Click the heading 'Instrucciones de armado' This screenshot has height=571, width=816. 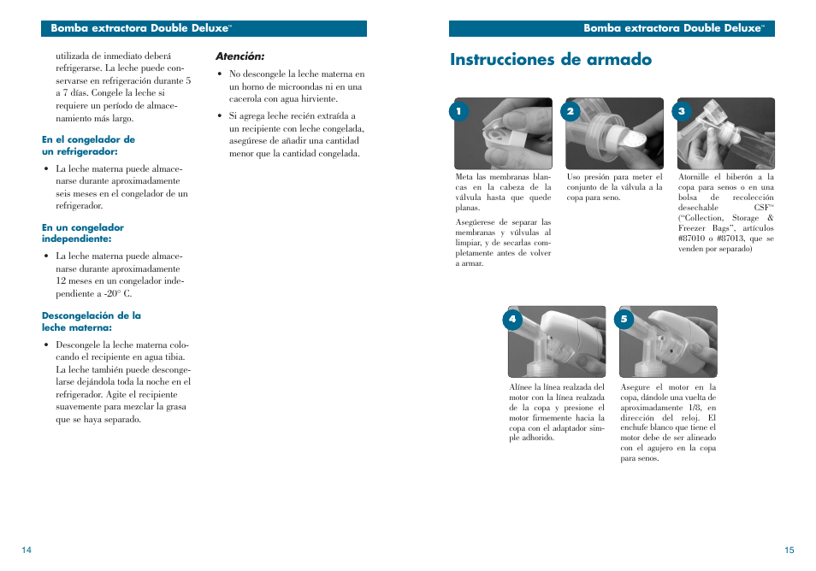coord(551,60)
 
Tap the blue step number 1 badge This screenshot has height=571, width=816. coord(458,111)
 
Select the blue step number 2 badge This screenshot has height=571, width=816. coord(571,111)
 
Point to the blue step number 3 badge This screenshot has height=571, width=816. coord(682,111)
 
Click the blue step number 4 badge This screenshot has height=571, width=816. coord(512,319)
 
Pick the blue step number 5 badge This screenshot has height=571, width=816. coord(624,319)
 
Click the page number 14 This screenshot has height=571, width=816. coord(27,550)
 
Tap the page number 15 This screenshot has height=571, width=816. coord(789,550)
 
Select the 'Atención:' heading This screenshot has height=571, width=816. coord(239,56)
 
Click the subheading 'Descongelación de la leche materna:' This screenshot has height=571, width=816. coord(92,321)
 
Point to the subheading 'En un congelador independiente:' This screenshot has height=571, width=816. coord(83,233)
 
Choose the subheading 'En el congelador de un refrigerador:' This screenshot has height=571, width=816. coord(88,145)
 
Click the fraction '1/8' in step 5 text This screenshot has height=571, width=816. coord(672,408)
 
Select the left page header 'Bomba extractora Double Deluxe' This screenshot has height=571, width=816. coord(141,28)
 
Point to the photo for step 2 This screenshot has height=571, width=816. coord(614,133)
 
